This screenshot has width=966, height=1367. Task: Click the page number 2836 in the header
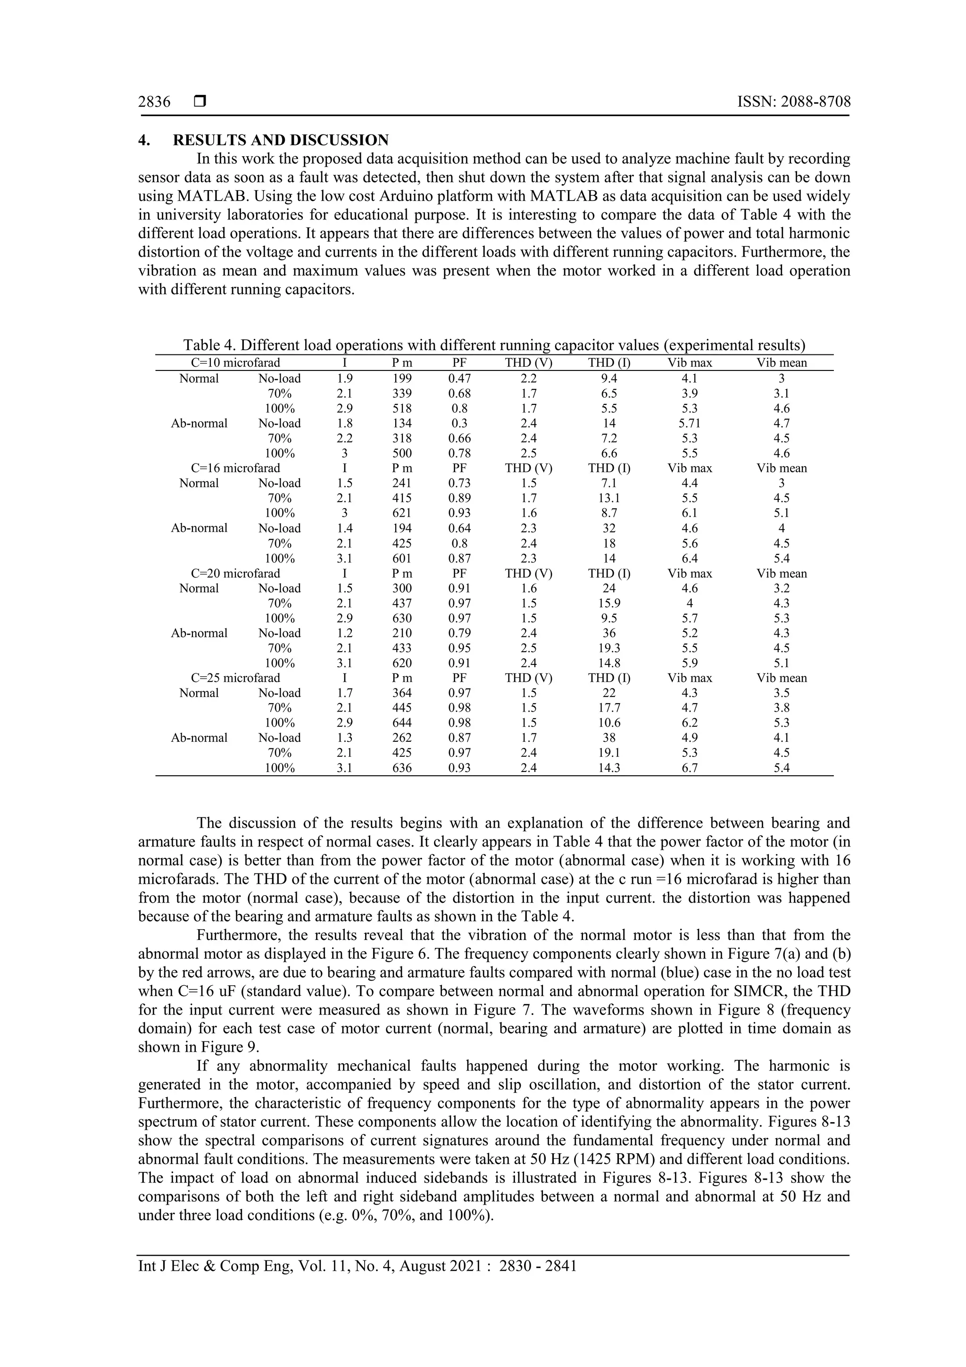[x=154, y=102]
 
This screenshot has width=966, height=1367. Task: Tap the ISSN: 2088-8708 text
[x=793, y=102]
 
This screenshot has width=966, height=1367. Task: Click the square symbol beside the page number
[x=200, y=102]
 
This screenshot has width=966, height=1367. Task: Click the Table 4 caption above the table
[x=494, y=345]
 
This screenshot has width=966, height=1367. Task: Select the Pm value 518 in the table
[x=402, y=409]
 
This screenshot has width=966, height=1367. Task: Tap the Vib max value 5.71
[x=689, y=423]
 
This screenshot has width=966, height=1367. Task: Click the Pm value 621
[x=402, y=512]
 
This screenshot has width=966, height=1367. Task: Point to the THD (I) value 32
[x=609, y=528]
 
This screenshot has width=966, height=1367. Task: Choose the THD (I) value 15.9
[x=609, y=603]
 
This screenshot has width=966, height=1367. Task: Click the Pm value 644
[x=402, y=723]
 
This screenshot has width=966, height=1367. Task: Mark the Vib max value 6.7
[x=689, y=768]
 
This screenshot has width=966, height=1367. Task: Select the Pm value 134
[x=402, y=423]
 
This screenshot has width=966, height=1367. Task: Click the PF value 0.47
[x=459, y=378]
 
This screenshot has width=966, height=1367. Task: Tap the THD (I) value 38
[x=609, y=738]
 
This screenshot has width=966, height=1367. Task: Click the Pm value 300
[x=402, y=588]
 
